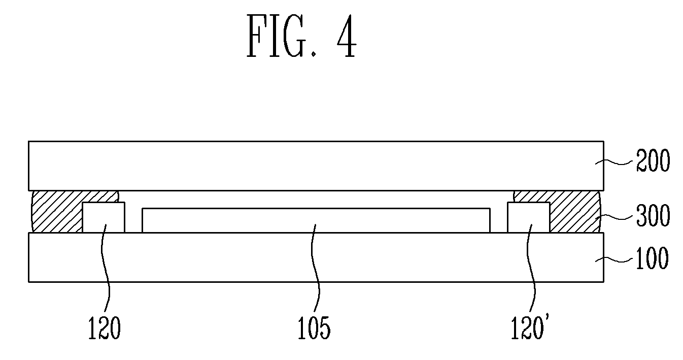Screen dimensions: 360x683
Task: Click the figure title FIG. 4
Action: (x=301, y=37)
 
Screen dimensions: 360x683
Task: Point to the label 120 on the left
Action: (x=104, y=328)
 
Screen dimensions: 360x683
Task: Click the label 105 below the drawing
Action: (x=315, y=328)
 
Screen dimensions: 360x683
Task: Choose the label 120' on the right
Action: (x=530, y=328)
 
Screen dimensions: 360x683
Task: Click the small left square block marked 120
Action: (x=104, y=217)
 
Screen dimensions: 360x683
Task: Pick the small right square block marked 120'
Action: (x=528, y=217)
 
